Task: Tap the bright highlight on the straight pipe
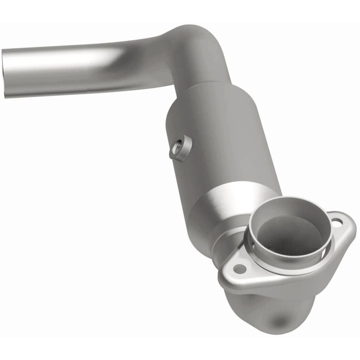pos(67,58)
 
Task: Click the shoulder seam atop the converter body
pos(198,92)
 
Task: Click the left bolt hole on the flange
pos(239,269)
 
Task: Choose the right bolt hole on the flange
pos(337,220)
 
